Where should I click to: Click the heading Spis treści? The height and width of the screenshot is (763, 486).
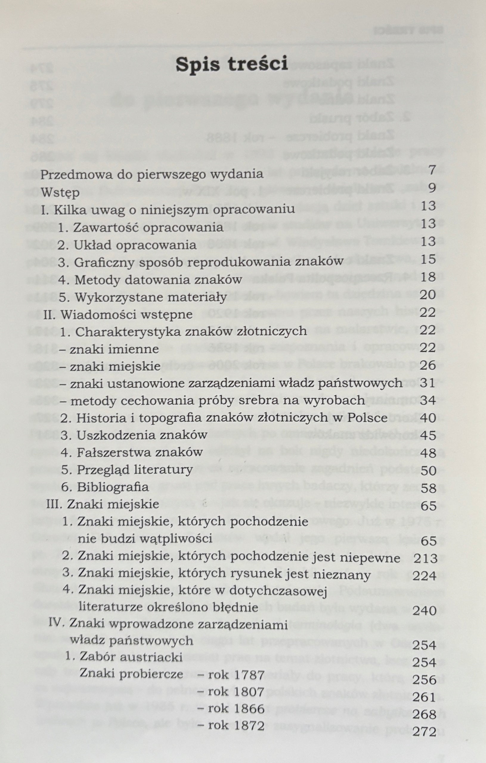pyautogui.click(x=232, y=63)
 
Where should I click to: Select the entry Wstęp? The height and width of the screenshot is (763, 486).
pyautogui.click(x=60, y=192)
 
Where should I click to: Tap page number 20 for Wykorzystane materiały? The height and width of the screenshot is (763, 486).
pyautogui.click(x=428, y=295)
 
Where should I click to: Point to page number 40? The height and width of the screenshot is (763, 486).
pyautogui.click(x=428, y=418)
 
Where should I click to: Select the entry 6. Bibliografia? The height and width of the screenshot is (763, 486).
pyautogui.click(x=105, y=487)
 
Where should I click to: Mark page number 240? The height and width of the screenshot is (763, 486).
pyautogui.click(x=425, y=611)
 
